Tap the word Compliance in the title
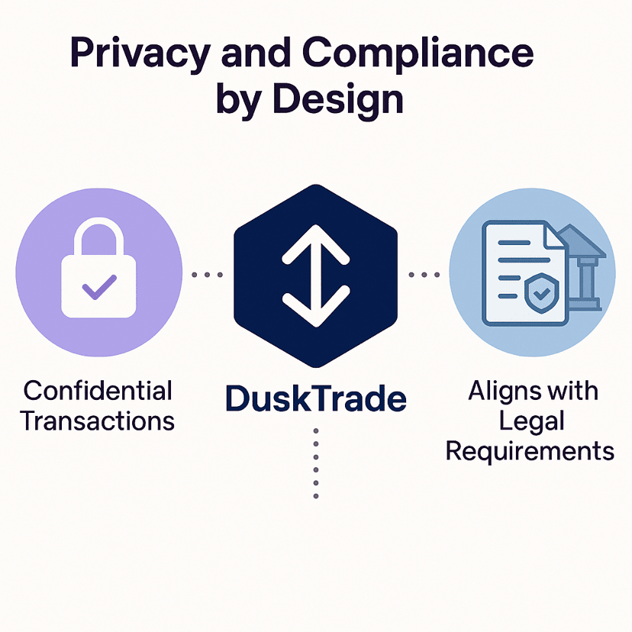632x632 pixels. pyautogui.click(x=418, y=53)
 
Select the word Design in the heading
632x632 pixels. pyautogui.click(x=338, y=99)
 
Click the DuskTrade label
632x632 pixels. pyautogui.click(x=315, y=398)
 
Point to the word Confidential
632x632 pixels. pyautogui.click(x=98, y=390)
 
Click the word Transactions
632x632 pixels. pyautogui.click(x=97, y=421)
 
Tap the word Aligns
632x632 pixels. pyautogui.click(x=497, y=392)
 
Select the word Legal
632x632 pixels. pyautogui.click(x=532, y=422)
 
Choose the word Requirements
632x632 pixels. pyautogui.click(x=530, y=451)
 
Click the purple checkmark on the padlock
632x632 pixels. pyautogui.click(x=99, y=288)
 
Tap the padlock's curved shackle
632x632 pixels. pyautogui.click(x=98, y=236)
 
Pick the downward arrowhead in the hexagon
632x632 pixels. pyautogui.click(x=316, y=306)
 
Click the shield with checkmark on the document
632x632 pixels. pyautogui.click(x=542, y=293)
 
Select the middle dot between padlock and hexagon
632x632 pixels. pyautogui.click(x=207, y=275)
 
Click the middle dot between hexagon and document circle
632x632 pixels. pyautogui.click(x=424, y=275)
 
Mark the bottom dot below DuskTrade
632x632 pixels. pyautogui.click(x=316, y=496)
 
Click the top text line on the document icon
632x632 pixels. pyautogui.click(x=514, y=243)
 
